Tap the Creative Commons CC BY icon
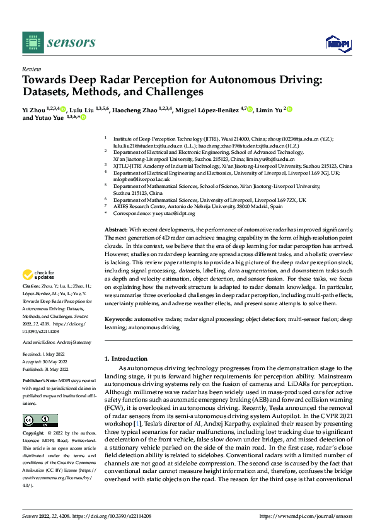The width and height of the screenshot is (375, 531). pos(40,420)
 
